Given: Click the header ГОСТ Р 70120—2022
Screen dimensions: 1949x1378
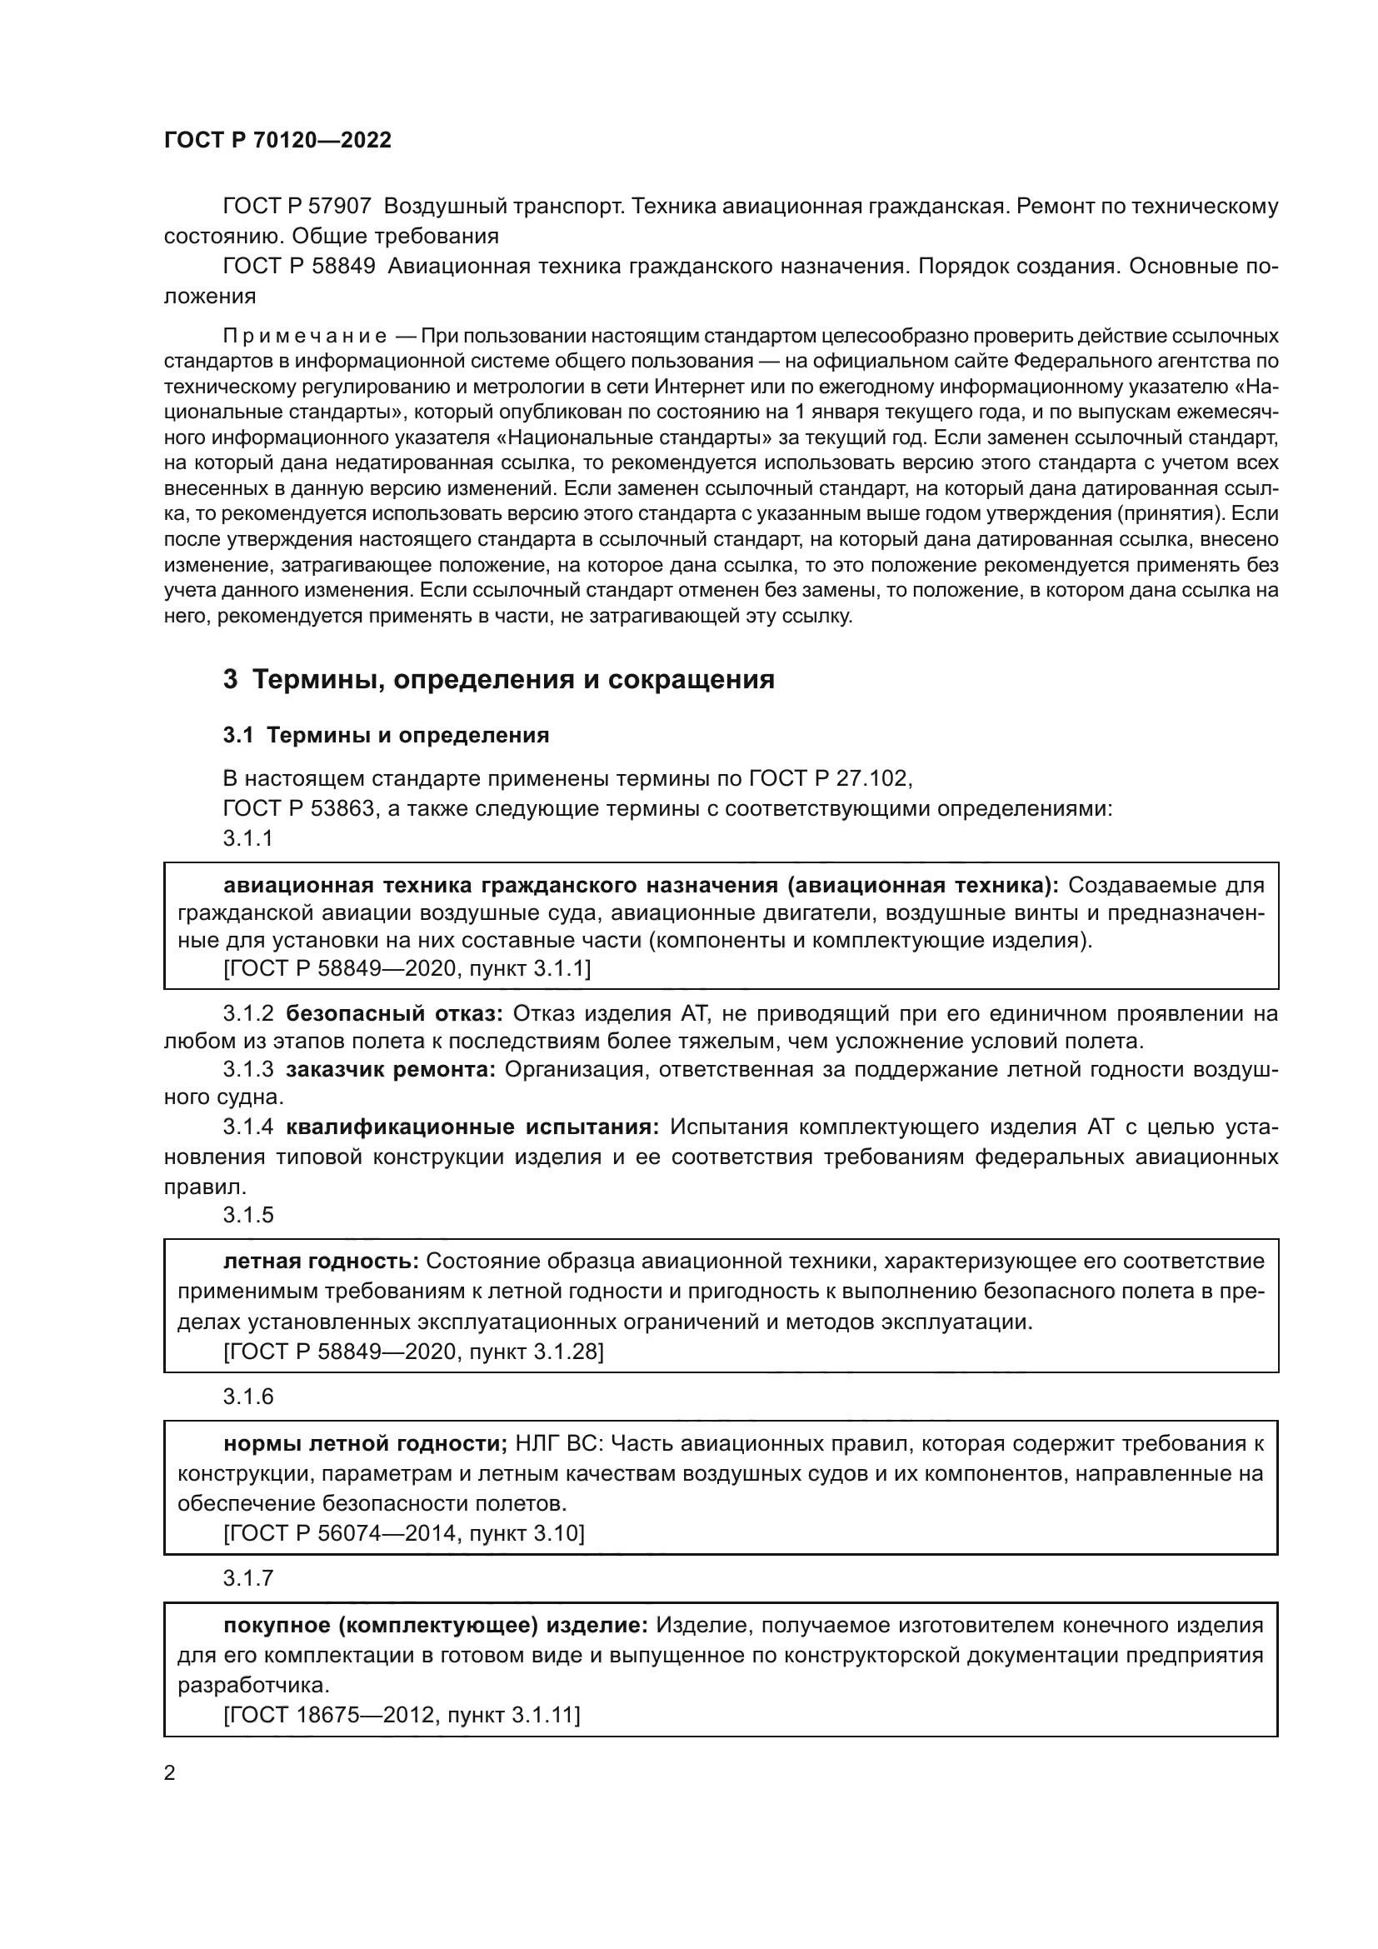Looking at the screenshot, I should [x=277, y=141].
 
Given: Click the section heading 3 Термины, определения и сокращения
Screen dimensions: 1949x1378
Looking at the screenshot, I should [x=499, y=680].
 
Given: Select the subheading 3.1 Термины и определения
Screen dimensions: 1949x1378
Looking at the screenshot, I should [x=386, y=735].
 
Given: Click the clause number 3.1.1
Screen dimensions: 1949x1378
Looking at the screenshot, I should [x=247, y=839].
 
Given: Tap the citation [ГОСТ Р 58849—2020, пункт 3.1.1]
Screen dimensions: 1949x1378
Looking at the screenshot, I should [x=407, y=968].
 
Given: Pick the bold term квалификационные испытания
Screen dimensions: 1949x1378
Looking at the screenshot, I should [x=472, y=1127].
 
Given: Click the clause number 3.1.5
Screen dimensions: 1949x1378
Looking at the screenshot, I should [x=247, y=1215].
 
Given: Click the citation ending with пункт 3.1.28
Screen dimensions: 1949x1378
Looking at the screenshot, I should [x=413, y=1352].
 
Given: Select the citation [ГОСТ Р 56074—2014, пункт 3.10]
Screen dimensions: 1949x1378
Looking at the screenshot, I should [x=404, y=1533].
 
